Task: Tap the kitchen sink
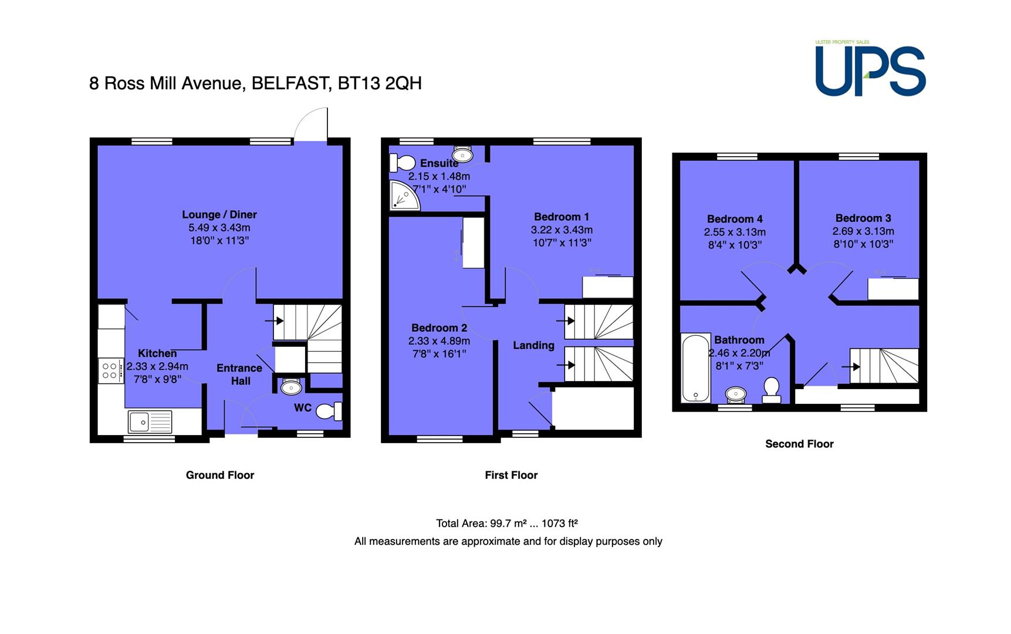150,421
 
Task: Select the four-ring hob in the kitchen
110,371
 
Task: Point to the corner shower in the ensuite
404,195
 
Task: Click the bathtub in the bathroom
695,368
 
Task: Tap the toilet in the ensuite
402,163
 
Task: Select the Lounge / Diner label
219,214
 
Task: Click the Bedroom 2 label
439,328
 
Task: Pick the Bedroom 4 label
735,219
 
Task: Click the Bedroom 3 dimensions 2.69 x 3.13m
863,231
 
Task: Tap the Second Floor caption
799,444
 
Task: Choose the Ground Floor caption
220,475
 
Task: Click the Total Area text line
507,523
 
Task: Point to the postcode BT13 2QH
380,83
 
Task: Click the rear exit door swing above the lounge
310,124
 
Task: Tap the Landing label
533,345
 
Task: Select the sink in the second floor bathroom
735,394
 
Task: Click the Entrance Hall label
239,375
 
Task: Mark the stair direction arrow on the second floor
851,367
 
